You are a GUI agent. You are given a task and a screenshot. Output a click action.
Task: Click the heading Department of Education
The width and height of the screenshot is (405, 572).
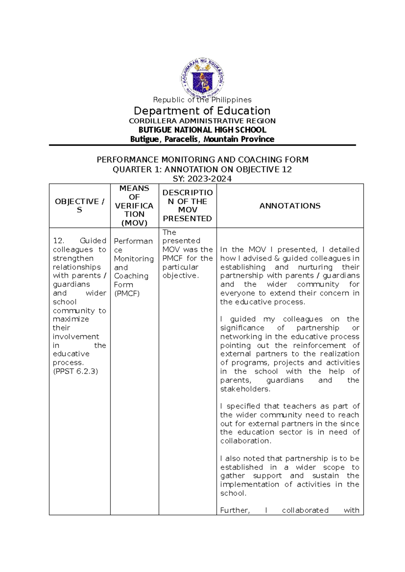pos(202,111)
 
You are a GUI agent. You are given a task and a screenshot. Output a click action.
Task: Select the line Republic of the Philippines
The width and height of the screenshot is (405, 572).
pos(202,100)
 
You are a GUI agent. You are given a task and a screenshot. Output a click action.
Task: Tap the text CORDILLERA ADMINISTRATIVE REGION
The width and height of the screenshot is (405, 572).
pos(202,121)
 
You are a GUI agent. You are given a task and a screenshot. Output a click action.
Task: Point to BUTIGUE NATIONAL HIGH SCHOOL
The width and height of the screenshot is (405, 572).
pos(202,130)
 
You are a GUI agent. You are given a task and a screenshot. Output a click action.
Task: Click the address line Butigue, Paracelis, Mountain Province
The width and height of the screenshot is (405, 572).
pos(202,139)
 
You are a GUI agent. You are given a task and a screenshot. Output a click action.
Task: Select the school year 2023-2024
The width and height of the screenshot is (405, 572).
pos(210,179)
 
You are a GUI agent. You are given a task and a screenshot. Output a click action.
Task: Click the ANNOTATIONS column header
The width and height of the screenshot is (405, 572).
pos(290,206)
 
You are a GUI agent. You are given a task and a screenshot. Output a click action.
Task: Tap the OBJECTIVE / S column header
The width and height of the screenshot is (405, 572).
pos(80,205)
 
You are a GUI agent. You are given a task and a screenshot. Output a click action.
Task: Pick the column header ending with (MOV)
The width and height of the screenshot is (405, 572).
pos(134,205)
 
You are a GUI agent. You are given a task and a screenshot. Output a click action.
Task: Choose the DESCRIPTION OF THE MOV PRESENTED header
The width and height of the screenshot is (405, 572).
pos(187,205)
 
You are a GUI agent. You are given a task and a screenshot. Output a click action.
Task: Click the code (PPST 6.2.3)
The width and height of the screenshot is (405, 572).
pos(75,371)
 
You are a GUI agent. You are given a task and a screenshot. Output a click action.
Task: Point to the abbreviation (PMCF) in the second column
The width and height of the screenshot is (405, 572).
pos(127,293)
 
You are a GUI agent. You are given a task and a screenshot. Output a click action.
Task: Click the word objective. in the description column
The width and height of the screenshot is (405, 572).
pos(181,276)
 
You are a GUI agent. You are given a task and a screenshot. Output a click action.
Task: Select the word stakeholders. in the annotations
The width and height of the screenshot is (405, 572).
pos(245,389)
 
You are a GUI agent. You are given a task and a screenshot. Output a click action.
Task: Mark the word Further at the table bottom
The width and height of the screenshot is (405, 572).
pos(235,510)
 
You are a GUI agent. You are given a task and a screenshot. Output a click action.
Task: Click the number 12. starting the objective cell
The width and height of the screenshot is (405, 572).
pos(58,241)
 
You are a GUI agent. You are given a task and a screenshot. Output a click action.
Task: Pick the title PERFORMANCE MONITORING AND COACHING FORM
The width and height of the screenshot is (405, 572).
pos(202,160)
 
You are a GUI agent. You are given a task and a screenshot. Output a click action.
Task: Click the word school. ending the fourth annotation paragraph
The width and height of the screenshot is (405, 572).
pos(233,493)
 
